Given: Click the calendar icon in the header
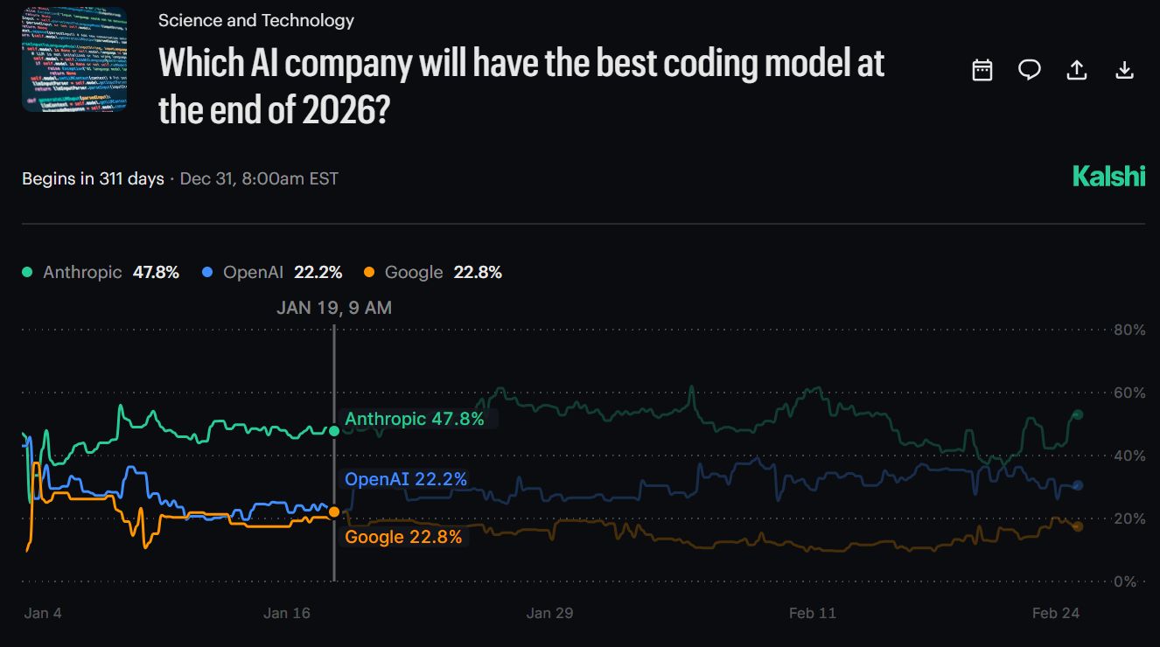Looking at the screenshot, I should point(982,71).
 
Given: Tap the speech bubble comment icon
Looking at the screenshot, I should point(1030,71).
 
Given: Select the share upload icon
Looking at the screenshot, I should point(1077,71).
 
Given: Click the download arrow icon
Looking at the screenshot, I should point(1125,71).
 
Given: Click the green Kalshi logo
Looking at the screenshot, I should point(1108,177).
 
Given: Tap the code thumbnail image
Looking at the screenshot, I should point(74,59).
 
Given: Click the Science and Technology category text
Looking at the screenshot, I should point(256,20).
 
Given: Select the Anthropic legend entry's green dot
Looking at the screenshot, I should point(28,273).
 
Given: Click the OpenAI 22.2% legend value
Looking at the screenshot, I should point(318,272).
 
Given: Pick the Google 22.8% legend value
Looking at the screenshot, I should point(478,272).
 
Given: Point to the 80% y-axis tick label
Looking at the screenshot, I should point(1129,330).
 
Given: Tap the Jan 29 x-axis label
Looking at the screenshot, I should point(549,613).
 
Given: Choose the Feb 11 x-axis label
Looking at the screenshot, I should point(812,613).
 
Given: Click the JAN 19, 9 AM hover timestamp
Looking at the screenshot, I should point(334,308).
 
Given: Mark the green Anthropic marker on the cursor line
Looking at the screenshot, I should point(334,430).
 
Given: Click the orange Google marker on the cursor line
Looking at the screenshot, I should point(334,511).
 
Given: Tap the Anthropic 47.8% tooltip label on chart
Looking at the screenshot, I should point(414,419).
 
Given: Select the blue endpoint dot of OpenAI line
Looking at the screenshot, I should point(1078,485).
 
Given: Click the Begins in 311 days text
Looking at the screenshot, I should point(93,179).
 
